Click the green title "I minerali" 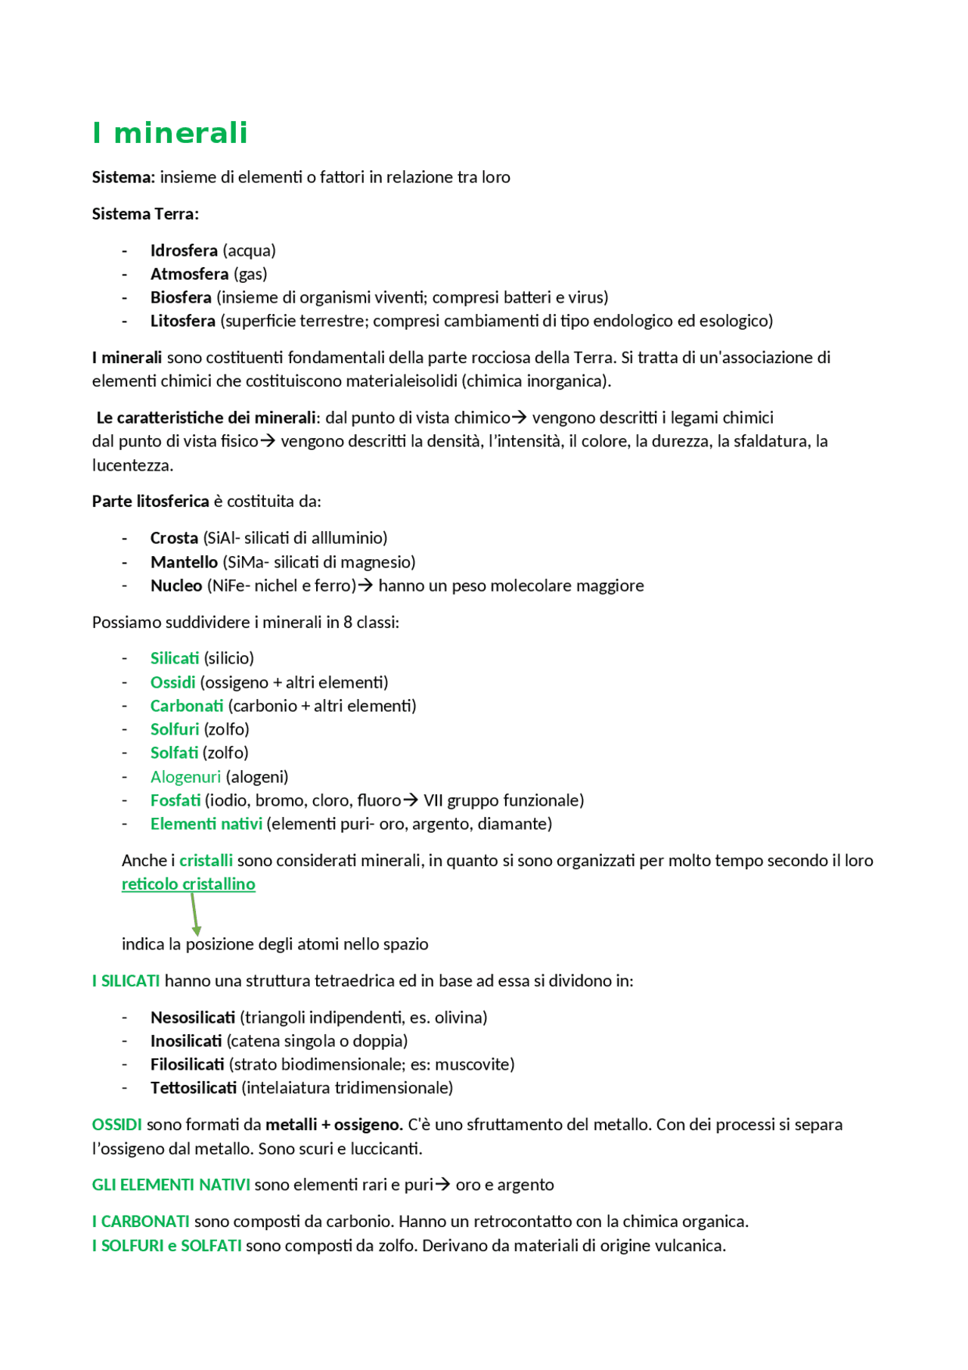pyautogui.click(x=169, y=133)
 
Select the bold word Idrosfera pyautogui.click(x=184, y=250)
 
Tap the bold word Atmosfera pyautogui.click(x=189, y=274)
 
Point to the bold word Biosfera pyautogui.click(x=181, y=297)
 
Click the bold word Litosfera pyautogui.click(x=183, y=321)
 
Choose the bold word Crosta pyautogui.click(x=174, y=538)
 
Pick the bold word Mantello pyautogui.click(x=184, y=562)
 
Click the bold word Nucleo pyautogui.click(x=176, y=586)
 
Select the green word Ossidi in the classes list pyautogui.click(x=172, y=682)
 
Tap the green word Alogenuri pyautogui.click(x=185, y=777)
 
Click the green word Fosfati pyautogui.click(x=175, y=800)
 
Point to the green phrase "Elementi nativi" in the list pyautogui.click(x=206, y=824)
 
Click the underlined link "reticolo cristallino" pyautogui.click(x=188, y=884)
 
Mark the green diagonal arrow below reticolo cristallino pyautogui.click(x=194, y=915)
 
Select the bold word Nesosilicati pyautogui.click(x=193, y=1017)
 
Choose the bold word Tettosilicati pyautogui.click(x=194, y=1088)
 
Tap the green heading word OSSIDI pyautogui.click(x=117, y=1125)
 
